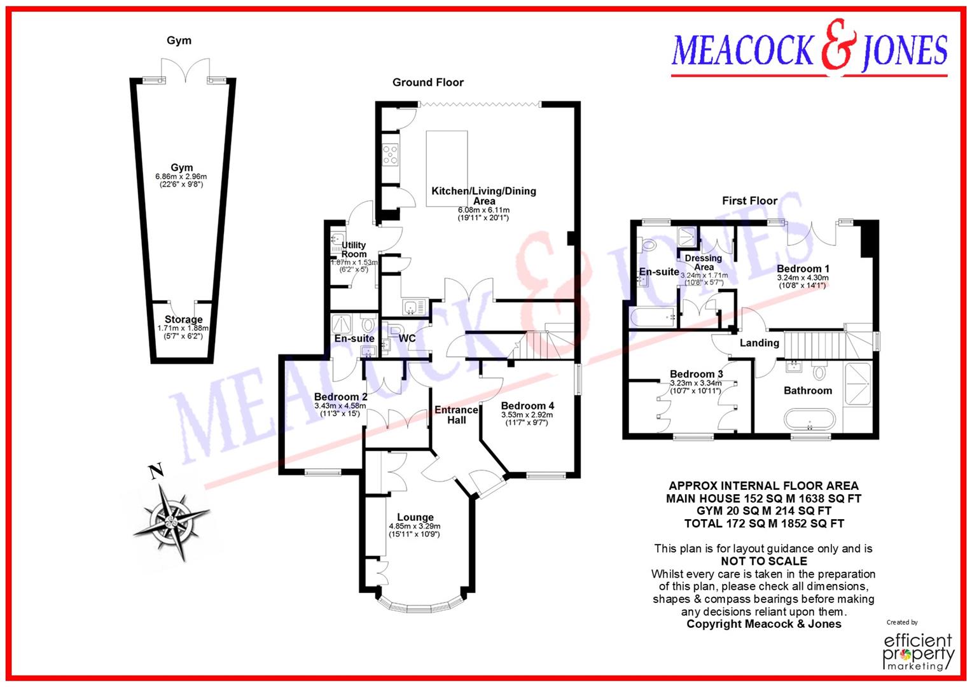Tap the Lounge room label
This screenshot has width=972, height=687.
(415, 517)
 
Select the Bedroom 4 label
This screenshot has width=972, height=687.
(527, 406)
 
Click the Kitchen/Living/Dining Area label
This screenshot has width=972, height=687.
(483, 195)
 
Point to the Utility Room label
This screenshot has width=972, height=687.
(354, 249)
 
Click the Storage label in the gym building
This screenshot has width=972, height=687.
(183, 319)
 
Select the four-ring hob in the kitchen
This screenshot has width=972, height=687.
(390, 155)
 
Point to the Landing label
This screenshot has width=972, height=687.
(759, 343)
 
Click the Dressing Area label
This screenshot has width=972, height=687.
(703, 262)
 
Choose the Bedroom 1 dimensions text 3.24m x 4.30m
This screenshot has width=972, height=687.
(802, 278)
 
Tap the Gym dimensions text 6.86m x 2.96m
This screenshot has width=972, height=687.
(181, 177)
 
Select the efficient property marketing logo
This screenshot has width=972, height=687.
(919, 650)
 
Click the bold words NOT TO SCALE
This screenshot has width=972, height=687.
(763, 561)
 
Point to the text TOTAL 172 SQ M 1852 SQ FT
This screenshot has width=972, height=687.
(763, 524)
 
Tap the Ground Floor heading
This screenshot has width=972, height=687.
(427, 82)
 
